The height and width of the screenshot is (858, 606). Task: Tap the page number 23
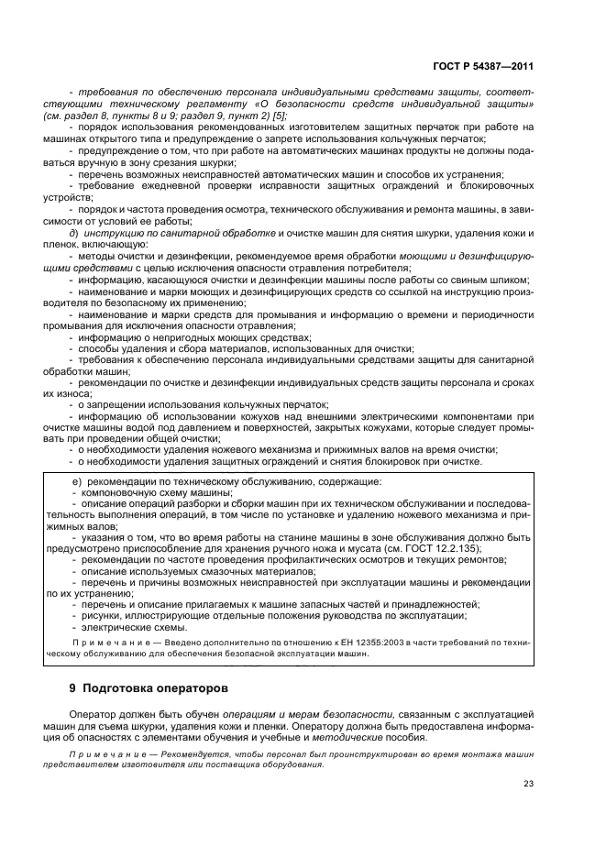point(529,783)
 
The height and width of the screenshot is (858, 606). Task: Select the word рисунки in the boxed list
point(101,616)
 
